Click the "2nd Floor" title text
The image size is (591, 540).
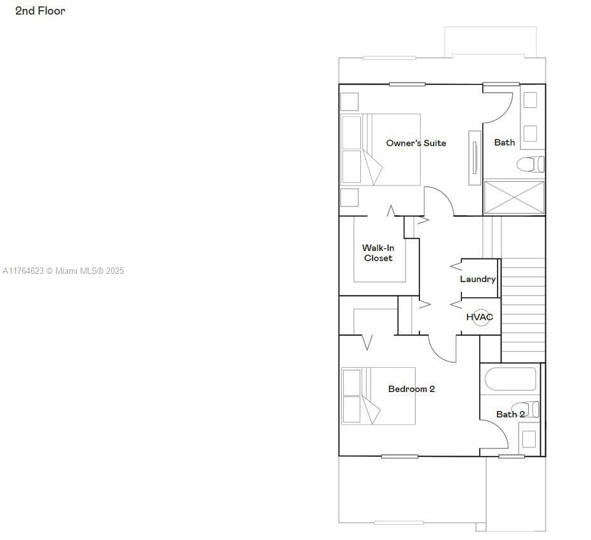click(x=40, y=11)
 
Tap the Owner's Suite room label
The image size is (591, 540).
click(x=416, y=143)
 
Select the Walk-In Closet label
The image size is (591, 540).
click(x=378, y=253)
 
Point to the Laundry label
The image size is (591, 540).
click(x=477, y=280)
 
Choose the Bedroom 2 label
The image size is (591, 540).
click(x=411, y=389)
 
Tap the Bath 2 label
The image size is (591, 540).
click(x=510, y=414)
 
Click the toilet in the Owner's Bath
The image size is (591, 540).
click(x=531, y=165)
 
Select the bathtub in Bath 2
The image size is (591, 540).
click(x=510, y=379)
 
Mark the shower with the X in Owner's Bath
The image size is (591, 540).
click(x=514, y=198)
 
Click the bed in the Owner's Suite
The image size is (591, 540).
click(x=380, y=149)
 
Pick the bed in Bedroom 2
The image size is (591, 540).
click(x=378, y=396)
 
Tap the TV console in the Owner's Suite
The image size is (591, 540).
click(x=475, y=158)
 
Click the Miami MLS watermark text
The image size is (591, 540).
click(x=63, y=271)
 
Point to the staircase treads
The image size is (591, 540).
click(x=523, y=310)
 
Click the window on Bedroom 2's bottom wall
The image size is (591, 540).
click(x=400, y=456)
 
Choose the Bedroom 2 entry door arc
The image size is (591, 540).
click(x=437, y=353)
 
